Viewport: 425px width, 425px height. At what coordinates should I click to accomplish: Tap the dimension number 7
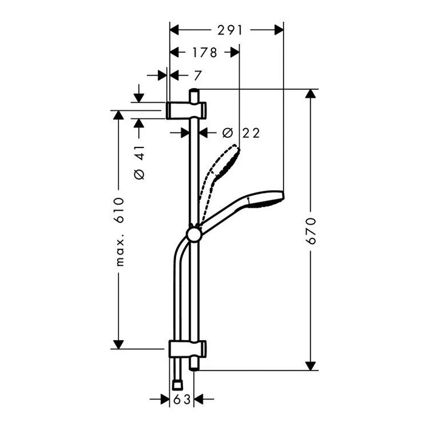pos(197,75)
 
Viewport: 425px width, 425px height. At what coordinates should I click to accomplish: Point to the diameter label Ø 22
pos(240,133)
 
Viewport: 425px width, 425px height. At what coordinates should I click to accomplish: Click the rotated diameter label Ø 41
pos(139,162)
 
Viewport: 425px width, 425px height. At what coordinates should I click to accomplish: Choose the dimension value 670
pos(311,230)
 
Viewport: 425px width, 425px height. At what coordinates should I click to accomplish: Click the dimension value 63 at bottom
pos(181,399)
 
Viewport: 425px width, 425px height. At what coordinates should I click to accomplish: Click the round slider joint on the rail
pos(194,236)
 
